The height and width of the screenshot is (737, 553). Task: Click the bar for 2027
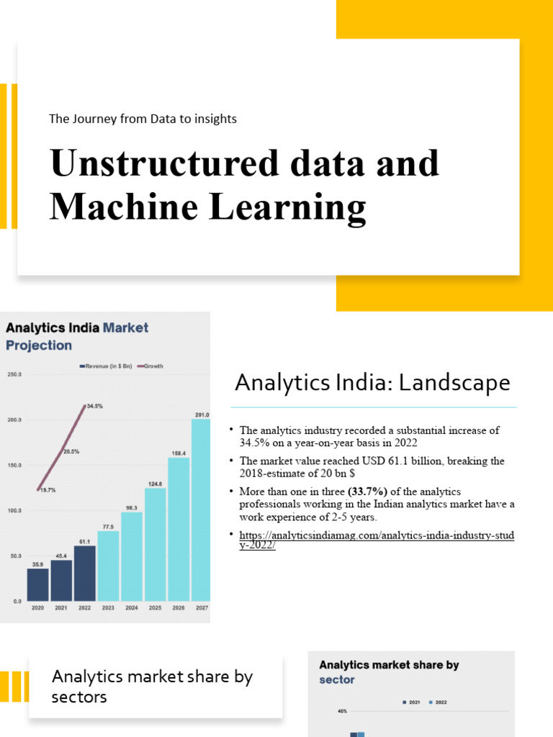click(x=201, y=510)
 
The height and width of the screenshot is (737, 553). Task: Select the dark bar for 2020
click(x=37, y=584)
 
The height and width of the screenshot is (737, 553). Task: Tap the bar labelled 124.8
click(x=155, y=544)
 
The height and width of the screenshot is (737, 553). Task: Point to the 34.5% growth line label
click(x=94, y=406)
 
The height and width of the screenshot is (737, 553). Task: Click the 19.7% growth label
click(x=48, y=489)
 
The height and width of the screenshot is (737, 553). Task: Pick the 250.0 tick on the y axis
click(x=14, y=375)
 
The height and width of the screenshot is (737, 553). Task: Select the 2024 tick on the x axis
click(x=131, y=608)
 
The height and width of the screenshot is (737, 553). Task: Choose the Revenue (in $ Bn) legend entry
click(x=106, y=366)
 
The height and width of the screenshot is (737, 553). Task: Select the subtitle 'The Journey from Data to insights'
click(x=143, y=119)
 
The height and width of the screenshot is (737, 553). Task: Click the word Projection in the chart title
click(x=39, y=345)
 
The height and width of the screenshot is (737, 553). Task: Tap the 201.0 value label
click(x=202, y=415)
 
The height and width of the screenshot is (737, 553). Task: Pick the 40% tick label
click(x=342, y=711)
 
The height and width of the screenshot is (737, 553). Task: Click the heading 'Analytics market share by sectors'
click(x=152, y=687)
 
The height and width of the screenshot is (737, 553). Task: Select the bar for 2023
click(x=108, y=566)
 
